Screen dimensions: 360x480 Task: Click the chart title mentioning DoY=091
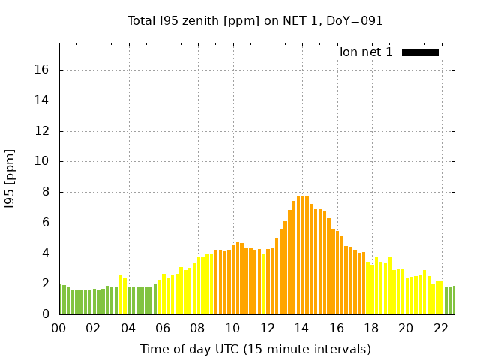tap(255, 20)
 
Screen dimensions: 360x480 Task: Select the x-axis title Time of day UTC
tap(255, 349)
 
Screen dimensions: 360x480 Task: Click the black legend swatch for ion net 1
tap(420, 52)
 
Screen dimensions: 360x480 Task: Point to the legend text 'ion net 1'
tap(366, 52)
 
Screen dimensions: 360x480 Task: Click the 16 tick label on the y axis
tap(43, 70)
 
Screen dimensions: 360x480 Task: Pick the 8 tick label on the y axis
tap(46, 192)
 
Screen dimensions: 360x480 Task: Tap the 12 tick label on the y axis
tap(43, 130)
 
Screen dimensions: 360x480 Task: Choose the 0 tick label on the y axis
tap(46, 314)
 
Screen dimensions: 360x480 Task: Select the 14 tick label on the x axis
tap(301, 328)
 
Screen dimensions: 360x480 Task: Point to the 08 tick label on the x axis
tap(197, 328)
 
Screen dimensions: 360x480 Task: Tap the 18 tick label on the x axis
tap(371, 328)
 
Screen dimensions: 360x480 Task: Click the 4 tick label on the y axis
tap(46, 253)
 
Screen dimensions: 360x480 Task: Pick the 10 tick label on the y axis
tap(43, 161)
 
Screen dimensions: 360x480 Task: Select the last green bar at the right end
tap(451, 300)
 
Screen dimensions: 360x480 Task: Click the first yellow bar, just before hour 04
tap(120, 295)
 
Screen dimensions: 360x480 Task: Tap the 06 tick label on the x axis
tap(163, 328)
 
